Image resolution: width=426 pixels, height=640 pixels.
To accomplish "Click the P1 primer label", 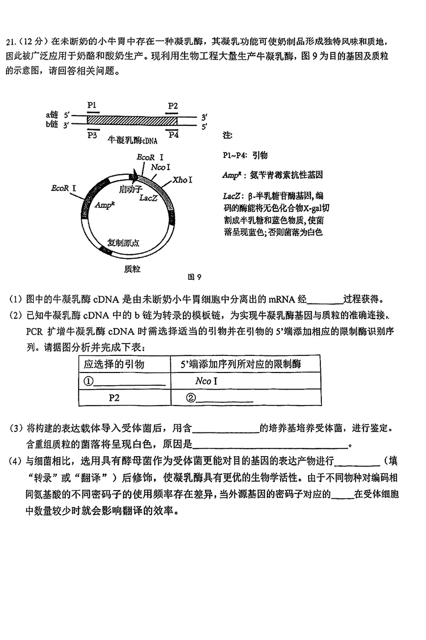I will point(92,105).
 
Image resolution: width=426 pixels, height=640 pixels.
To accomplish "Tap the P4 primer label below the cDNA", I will point(174,135).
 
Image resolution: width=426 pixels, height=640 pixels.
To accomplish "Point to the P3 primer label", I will point(92,135).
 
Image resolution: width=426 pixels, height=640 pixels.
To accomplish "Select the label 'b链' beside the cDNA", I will point(52,124).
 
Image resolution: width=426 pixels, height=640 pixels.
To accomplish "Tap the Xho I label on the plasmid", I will point(182,180).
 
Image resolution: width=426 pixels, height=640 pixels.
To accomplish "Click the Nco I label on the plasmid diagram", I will point(161,167).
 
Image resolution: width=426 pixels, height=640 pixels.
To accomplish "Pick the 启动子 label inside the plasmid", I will point(128,189).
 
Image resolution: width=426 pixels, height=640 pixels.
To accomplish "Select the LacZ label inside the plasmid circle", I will point(148,198).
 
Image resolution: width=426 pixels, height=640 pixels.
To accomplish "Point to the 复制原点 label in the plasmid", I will point(123,242).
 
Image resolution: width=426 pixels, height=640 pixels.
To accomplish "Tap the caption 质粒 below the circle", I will point(132,269).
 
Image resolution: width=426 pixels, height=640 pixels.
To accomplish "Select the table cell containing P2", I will point(114,398).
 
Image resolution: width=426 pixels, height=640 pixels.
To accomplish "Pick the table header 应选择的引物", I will point(114,364).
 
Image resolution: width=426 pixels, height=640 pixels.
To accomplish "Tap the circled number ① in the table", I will point(89,381).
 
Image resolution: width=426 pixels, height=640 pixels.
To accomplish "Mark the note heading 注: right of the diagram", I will point(227,136).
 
